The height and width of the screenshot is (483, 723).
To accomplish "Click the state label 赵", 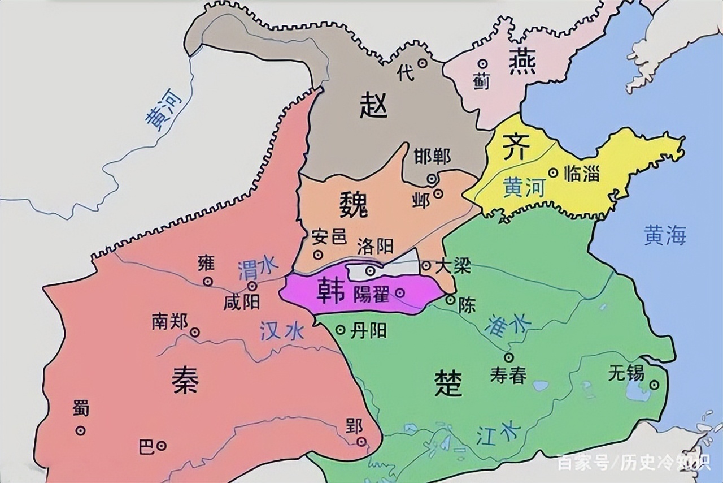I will [373, 106].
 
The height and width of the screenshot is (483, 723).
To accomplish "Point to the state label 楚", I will [449, 383].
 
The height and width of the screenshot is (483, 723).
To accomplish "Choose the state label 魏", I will [354, 204].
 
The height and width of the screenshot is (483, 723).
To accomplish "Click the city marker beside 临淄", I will [553, 173].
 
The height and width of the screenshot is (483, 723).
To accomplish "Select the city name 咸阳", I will [242, 302].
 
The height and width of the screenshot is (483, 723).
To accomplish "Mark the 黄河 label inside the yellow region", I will [524, 187].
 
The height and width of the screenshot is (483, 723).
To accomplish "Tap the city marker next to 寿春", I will [509, 357].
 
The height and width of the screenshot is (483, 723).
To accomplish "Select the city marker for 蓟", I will [482, 64].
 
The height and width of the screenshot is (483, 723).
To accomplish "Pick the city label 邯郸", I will [433, 156].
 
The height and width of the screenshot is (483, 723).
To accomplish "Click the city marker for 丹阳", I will [341, 330].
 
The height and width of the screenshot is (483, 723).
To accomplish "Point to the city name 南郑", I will [169, 321].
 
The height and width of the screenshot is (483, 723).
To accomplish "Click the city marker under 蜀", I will [81, 430].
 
